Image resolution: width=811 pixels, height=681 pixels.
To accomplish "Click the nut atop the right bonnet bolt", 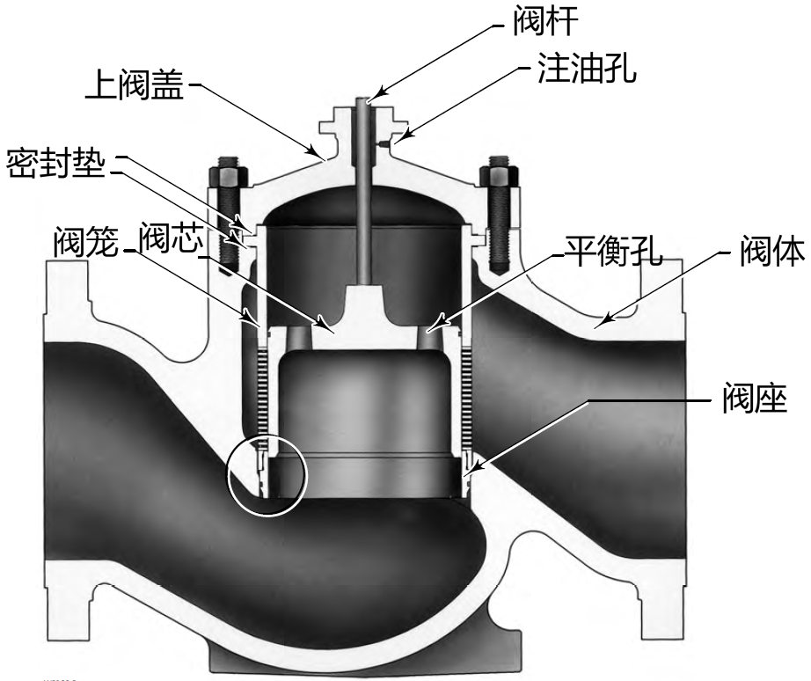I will pos(499,167).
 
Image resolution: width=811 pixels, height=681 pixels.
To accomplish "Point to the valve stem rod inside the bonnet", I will pos(363,202).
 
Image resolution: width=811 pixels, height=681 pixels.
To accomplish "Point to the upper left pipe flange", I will pos(67,290).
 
